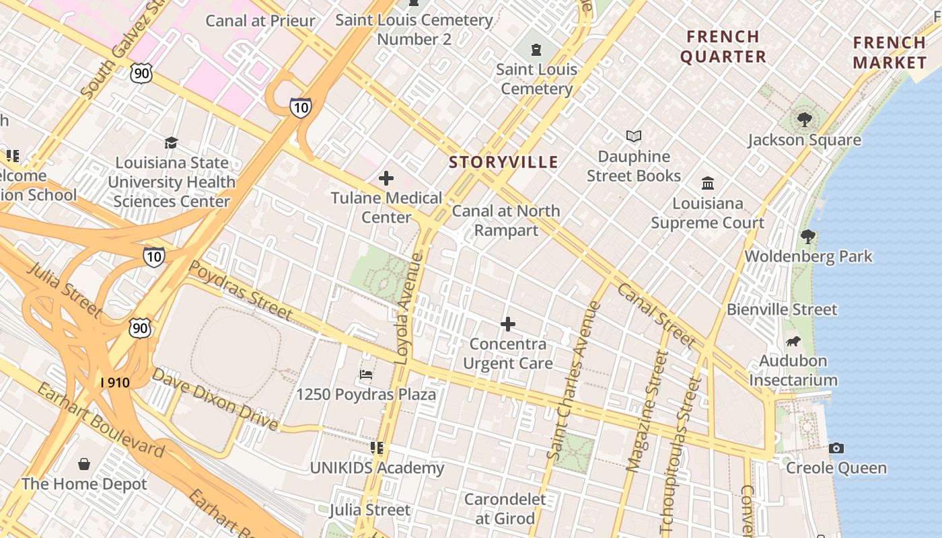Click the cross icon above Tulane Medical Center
tap(386, 178)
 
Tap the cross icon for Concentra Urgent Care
tap(508, 325)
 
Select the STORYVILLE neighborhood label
tap(503, 162)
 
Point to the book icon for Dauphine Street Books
tap(633, 137)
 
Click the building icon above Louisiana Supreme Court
tap(708, 183)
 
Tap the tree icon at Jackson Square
tap(804, 120)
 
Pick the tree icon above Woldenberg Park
tap(808, 237)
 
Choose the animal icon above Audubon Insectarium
tap(793, 341)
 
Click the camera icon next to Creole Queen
tap(836, 448)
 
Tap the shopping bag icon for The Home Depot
tap(84, 464)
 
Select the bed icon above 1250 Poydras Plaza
tap(366, 375)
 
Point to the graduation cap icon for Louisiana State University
tap(172, 143)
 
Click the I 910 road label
tap(114, 382)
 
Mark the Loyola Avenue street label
tap(409, 309)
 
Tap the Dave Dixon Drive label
tap(215, 399)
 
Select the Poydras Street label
tap(240, 290)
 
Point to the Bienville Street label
tap(782, 310)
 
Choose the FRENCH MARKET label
tap(890, 52)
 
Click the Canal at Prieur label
tap(260, 21)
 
